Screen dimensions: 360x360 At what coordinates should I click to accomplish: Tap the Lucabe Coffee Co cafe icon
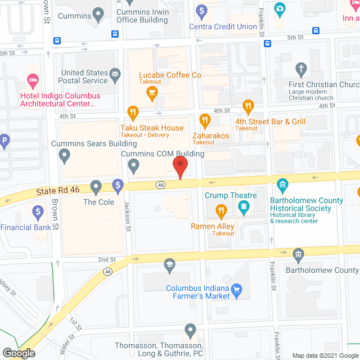click(x=151, y=95)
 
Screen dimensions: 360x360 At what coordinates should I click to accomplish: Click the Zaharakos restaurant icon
click(x=205, y=120)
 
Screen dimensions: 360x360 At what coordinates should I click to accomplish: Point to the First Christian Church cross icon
click(x=301, y=70)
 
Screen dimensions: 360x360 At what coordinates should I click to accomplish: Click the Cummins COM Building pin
click(x=133, y=165)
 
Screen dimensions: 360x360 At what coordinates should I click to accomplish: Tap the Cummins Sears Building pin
click(x=65, y=155)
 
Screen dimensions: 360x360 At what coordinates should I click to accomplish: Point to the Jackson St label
click(x=128, y=217)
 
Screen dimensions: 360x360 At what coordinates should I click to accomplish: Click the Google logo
click(x=18, y=353)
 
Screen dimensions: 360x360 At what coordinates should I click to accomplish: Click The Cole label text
click(x=98, y=202)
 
